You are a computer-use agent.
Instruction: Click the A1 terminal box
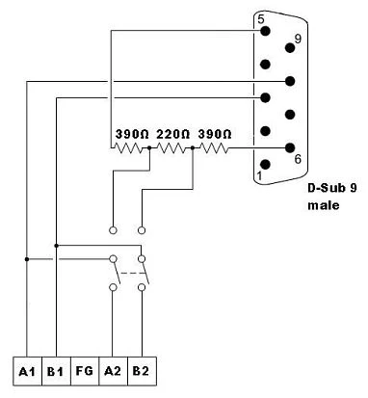tap(26, 370)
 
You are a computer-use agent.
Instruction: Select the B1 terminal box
tap(56, 370)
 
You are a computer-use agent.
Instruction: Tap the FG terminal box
tap(85, 370)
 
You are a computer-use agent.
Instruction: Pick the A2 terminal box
tap(114, 370)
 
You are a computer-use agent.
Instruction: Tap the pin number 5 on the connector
tap(260, 18)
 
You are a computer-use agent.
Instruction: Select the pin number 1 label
tap(259, 175)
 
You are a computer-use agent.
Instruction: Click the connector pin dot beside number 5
tap(265, 32)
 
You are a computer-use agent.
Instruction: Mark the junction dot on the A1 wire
tap(26, 258)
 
